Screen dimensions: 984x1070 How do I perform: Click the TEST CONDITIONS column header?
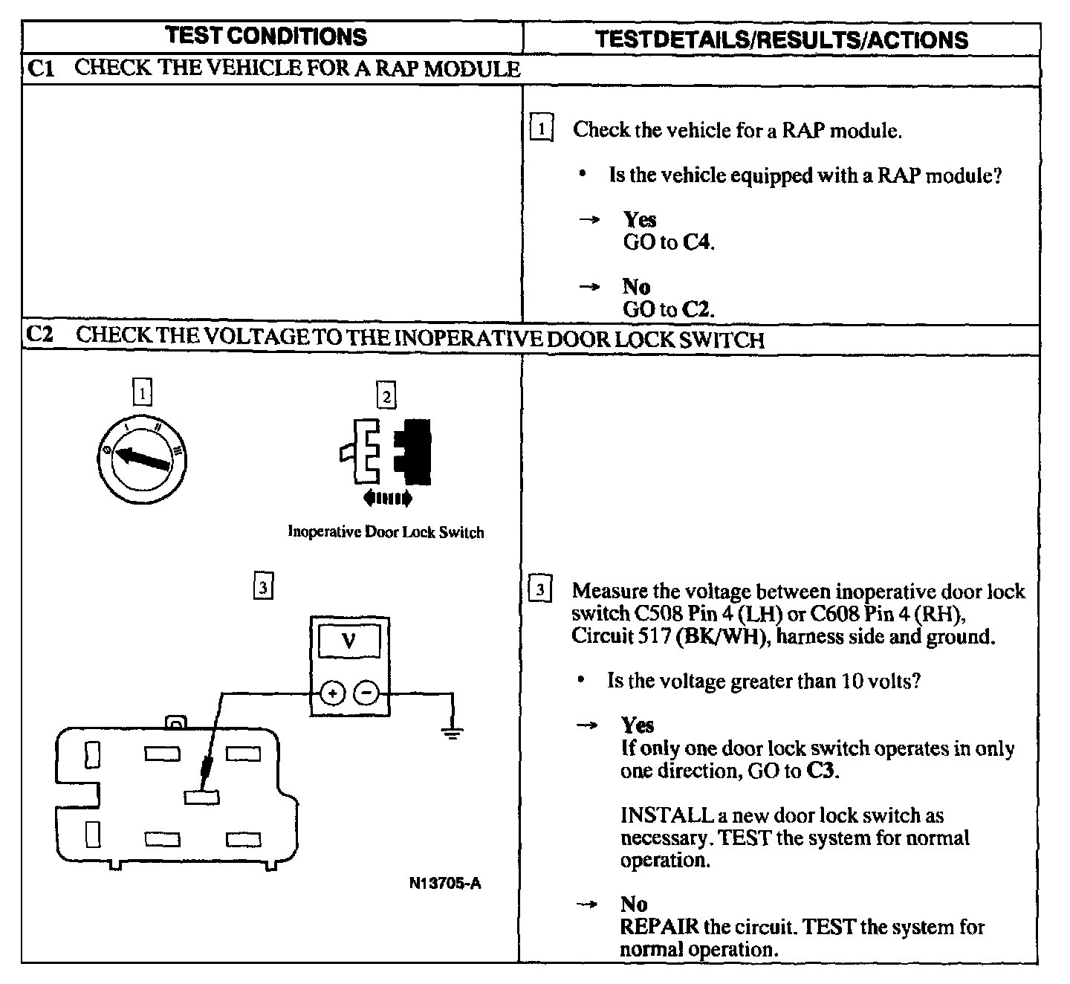(266, 36)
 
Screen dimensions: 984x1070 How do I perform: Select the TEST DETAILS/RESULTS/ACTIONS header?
(781, 39)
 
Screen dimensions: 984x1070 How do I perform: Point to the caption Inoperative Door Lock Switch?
(386, 532)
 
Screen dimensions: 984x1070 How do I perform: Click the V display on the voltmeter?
(349, 641)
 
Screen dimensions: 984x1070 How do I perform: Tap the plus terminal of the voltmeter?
(332, 693)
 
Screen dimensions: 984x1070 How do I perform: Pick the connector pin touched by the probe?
(201, 797)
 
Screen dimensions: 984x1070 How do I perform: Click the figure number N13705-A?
(445, 884)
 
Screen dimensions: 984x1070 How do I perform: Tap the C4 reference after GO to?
(697, 242)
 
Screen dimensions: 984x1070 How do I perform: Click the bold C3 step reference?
(820, 771)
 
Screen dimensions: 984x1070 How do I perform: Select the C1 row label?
(41, 68)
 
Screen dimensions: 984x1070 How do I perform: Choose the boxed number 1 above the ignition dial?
(142, 392)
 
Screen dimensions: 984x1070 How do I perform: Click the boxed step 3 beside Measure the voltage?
(540, 591)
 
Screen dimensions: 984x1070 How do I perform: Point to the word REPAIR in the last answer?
(659, 927)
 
